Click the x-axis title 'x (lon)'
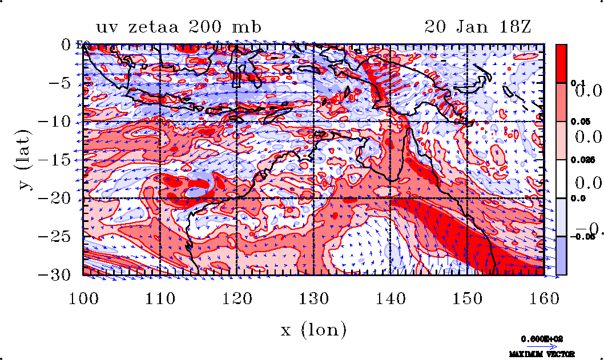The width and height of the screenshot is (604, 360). click(313, 330)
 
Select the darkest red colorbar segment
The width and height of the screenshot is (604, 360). click(561, 63)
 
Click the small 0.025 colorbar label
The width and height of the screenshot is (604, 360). click(580, 160)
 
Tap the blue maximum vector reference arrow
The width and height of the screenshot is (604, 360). click(539, 346)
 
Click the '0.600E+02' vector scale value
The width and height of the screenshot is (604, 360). click(539, 338)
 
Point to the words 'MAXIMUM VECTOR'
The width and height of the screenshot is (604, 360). click(539, 354)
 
